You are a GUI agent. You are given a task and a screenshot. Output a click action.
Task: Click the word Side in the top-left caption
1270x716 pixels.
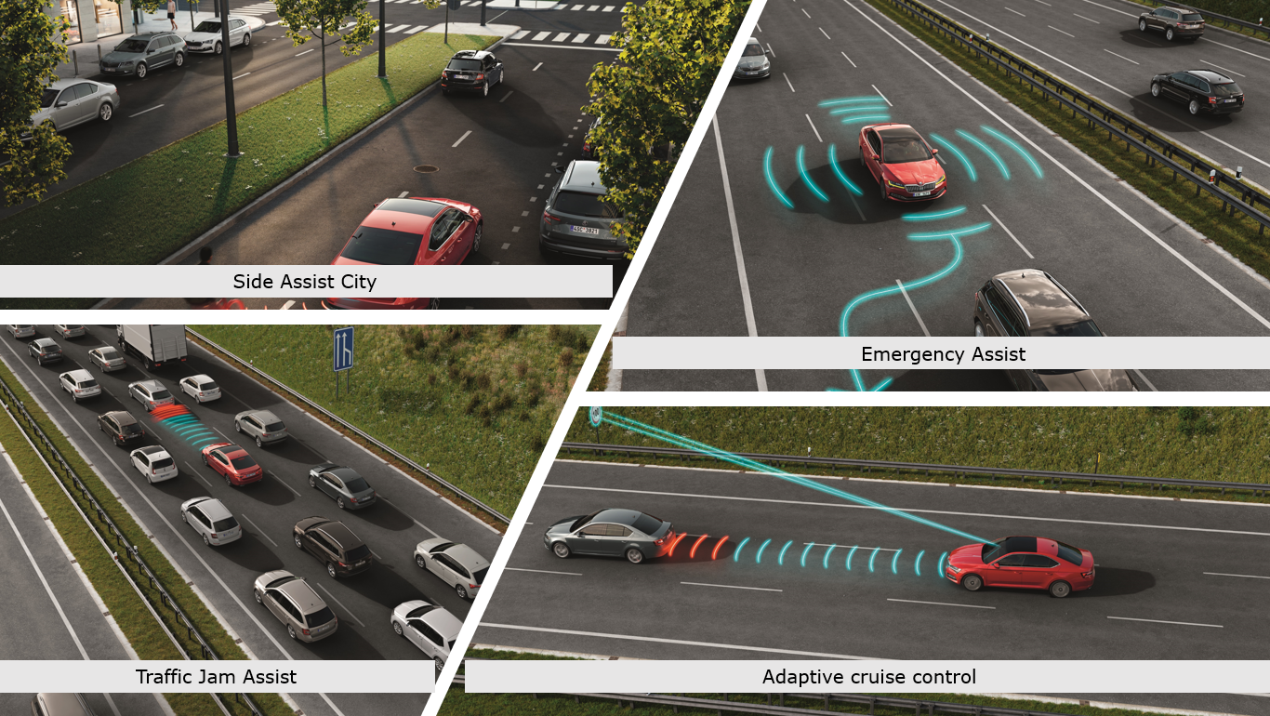point(255,281)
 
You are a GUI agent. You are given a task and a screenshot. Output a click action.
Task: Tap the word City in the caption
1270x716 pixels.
point(358,282)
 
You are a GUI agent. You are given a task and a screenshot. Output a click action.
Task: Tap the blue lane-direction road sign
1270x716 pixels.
point(344,349)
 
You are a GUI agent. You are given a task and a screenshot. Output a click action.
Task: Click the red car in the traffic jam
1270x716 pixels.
point(232,464)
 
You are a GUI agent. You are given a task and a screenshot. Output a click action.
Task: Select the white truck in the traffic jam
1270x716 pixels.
point(152,344)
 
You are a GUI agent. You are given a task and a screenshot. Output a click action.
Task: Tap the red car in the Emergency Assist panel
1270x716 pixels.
point(903,162)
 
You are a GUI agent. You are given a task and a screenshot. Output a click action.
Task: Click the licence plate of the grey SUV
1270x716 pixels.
point(585,230)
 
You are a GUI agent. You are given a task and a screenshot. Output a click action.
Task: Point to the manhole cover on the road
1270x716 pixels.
point(426,168)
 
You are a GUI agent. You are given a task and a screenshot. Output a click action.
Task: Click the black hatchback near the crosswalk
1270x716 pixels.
point(472,73)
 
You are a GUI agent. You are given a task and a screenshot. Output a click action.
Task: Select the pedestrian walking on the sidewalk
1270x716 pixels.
point(171,14)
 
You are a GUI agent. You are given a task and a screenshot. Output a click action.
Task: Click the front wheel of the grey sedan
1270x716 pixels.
point(562,550)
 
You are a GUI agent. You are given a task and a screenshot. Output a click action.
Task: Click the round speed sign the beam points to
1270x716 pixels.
point(596,416)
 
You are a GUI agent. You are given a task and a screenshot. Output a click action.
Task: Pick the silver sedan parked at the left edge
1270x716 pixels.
point(73,104)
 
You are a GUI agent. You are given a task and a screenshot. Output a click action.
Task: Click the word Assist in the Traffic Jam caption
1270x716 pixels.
point(271,676)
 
